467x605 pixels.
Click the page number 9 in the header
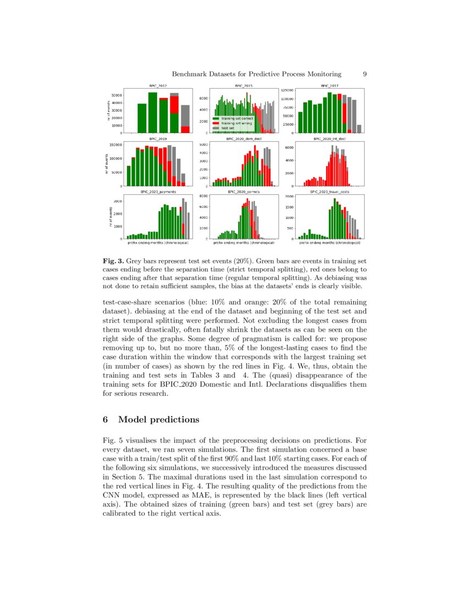tap(365, 74)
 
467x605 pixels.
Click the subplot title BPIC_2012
tap(158, 86)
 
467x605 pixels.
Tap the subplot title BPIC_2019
tap(158, 139)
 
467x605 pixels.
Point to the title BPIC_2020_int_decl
tap(329, 139)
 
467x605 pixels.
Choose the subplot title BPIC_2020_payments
tap(158, 192)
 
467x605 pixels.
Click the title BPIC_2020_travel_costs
tap(329, 192)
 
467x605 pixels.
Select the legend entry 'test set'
tap(228, 128)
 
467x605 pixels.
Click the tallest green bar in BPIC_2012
tap(153, 113)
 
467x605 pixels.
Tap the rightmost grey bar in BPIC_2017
tap(359, 129)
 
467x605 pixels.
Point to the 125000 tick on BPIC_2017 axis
tap(287, 90)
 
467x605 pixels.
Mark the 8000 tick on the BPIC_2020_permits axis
tap(203, 196)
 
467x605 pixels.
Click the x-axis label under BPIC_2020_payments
tap(158, 243)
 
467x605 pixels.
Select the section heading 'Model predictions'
tap(158, 420)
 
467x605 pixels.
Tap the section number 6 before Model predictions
tap(105, 420)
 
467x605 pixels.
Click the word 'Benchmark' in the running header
tap(191, 74)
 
